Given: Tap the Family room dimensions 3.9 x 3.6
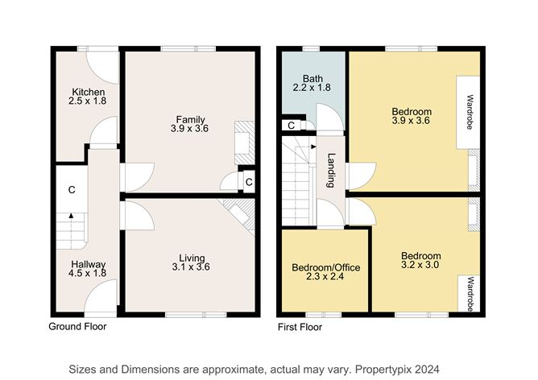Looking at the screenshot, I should [189, 128].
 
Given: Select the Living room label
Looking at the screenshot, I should [191, 258].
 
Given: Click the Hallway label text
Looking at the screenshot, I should [87, 263].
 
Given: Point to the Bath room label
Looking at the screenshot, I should [312, 79].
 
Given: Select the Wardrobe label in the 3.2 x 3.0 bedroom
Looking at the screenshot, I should [469, 293].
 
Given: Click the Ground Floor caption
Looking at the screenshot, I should [77, 328].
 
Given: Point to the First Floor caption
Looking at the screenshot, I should [300, 328].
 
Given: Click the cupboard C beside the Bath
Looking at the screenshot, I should [290, 125].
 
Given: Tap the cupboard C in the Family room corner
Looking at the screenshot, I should [249, 182].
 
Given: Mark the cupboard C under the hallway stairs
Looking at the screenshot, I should [72, 190].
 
